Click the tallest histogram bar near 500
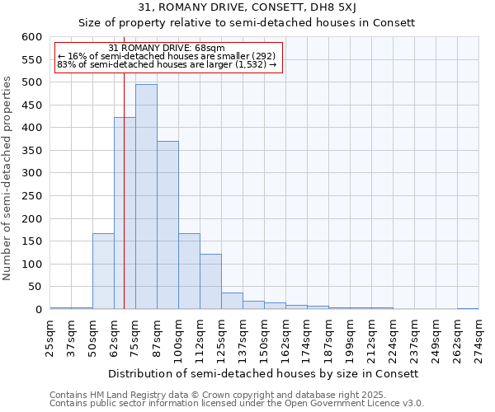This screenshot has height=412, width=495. pyautogui.click(x=146, y=196)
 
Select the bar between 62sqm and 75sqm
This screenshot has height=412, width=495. pyautogui.click(x=125, y=213)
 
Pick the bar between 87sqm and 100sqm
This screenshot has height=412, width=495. pyautogui.click(x=167, y=225)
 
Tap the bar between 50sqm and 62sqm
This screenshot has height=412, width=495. pyautogui.click(x=103, y=271)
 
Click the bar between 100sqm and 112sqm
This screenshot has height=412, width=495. pyautogui.click(x=189, y=271)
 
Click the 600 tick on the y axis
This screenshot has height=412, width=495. pyautogui.click(x=31, y=37)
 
